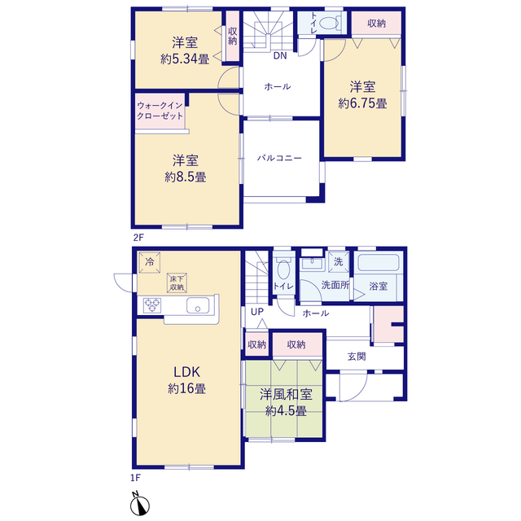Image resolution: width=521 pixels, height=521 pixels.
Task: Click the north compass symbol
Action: click(139, 504)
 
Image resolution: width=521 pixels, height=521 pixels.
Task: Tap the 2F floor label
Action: click(138, 238)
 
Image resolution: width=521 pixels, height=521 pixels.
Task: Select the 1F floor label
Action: click(136, 478)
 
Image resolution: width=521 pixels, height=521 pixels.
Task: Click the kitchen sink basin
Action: click(198, 305)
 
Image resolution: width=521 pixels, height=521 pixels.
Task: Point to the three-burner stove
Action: click(152, 305)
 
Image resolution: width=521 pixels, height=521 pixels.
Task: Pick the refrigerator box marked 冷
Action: click(150, 262)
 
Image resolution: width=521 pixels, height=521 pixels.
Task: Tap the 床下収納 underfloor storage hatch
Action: click(177, 283)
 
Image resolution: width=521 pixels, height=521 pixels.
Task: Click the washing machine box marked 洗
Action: click(339, 262)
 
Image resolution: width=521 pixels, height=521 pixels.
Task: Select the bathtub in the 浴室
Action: click(379, 262)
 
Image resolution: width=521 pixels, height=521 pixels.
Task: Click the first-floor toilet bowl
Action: click(283, 269)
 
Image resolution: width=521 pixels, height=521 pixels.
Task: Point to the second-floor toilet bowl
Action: click(329, 24)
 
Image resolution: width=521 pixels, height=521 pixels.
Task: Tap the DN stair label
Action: click(280, 55)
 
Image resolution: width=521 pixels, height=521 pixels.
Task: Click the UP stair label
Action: click(257, 312)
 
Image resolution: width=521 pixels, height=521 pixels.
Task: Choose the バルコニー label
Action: click(279, 158)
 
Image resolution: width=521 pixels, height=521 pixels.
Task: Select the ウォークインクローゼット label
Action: click(160, 111)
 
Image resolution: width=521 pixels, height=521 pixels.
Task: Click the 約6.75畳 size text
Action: click(362, 103)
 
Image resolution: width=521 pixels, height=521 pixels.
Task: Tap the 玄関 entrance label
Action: click(357, 357)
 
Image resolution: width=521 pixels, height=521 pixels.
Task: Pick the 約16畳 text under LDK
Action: click(186, 388)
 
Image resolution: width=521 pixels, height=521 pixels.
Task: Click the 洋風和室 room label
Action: click(286, 394)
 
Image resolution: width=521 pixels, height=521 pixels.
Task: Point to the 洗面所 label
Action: click(335, 285)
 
